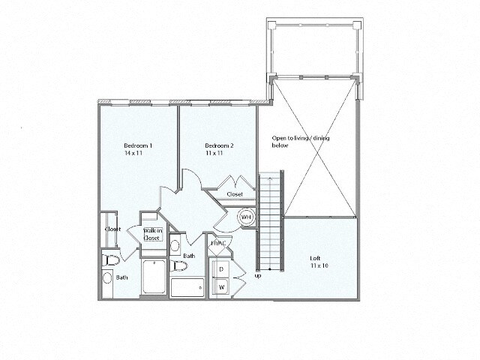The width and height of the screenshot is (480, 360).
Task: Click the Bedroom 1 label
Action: [x=138, y=145]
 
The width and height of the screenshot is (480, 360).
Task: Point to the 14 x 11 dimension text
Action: [x=133, y=153]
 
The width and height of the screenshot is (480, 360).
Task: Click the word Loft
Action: [x=316, y=259]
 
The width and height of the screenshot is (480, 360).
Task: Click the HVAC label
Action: [x=218, y=243]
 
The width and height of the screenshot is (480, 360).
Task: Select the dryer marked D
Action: [x=222, y=268]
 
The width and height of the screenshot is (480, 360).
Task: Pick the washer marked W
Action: [x=222, y=286]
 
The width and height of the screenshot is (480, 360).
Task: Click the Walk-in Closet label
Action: [x=154, y=234]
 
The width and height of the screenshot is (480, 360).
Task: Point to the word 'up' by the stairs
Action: [x=259, y=275]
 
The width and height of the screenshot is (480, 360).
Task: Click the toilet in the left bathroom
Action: [x=111, y=260]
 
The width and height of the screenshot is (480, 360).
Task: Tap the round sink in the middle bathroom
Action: [x=175, y=245]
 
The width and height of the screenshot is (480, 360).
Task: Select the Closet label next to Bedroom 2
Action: [x=235, y=194]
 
